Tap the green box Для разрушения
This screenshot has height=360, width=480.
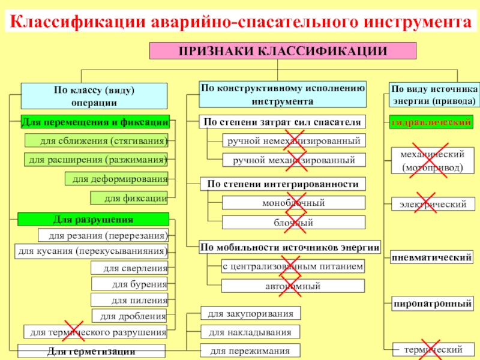pyautogui.click(x=94, y=220)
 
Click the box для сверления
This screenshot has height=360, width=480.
pyautogui.click(x=130, y=268)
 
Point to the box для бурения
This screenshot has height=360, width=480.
pyautogui.click(x=130, y=284)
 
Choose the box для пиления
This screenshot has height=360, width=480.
pyautogui.click(x=130, y=299)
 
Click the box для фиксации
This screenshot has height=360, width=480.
pyautogui.click(x=130, y=197)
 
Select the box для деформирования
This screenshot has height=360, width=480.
pyautogui.click(x=116, y=179)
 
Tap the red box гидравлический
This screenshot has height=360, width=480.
pyautogui.click(x=431, y=122)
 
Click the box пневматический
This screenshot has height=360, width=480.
pyautogui.click(x=431, y=258)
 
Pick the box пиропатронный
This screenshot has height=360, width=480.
pyautogui.click(x=431, y=304)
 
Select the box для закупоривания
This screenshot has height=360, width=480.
pyautogui.click(x=250, y=313)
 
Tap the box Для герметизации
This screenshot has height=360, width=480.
pyautogui.click(x=92, y=351)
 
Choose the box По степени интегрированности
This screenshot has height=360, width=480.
pyautogui.click(x=282, y=184)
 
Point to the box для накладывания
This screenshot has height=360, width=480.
pyautogui.click(x=250, y=332)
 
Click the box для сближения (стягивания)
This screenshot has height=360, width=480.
pyautogui.click(x=96, y=141)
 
